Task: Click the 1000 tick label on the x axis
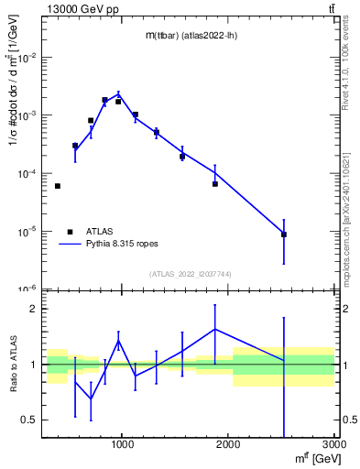click(x=122, y=448)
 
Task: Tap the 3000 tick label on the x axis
click(x=333, y=448)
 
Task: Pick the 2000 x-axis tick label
click(x=228, y=448)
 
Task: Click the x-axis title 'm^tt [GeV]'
click(x=312, y=461)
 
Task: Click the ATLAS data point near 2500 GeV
click(x=284, y=234)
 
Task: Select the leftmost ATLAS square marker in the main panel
click(x=58, y=186)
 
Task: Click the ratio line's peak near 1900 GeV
click(x=215, y=329)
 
